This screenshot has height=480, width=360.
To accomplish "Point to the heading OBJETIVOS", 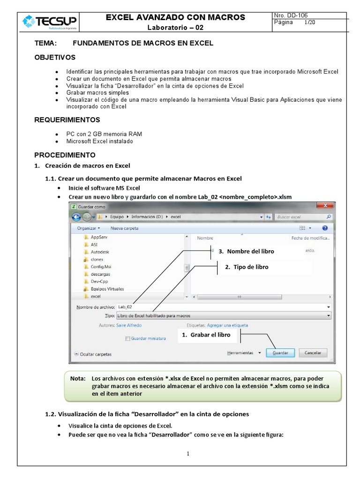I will point(55,57).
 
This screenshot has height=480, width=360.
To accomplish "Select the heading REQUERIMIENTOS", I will point(67,120).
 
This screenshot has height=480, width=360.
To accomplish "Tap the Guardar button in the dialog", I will point(280,352).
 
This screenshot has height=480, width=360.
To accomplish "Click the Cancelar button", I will point(313,352).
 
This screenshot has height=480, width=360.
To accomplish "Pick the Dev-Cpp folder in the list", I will point(99,281).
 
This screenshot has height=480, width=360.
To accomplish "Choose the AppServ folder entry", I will point(99,237).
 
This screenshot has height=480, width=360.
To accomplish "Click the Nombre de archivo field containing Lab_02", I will point(223,307).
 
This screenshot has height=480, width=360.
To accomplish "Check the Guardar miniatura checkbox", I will point(127,338).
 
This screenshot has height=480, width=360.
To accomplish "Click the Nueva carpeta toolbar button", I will point(124,228).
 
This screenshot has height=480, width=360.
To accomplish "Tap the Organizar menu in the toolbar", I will point(89,228).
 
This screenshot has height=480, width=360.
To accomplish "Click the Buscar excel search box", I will point(302,217).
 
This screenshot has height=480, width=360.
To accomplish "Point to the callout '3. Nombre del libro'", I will point(250,252).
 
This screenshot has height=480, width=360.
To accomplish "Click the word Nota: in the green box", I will point(78,378).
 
